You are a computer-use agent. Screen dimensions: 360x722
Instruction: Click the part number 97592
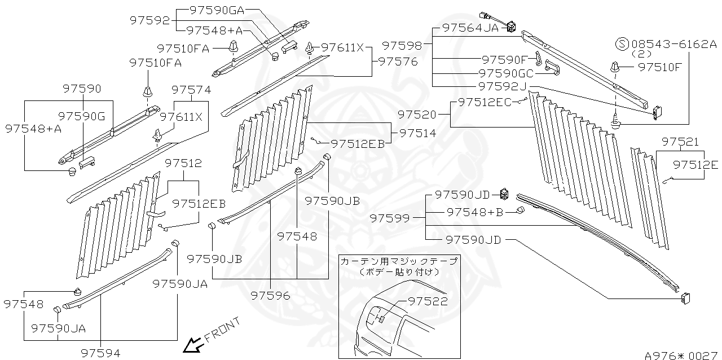(149, 20)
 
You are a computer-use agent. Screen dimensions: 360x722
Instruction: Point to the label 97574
(191, 90)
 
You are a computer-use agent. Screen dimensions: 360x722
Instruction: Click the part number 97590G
(82, 116)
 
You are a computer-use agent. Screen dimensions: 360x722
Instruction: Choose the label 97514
(417, 133)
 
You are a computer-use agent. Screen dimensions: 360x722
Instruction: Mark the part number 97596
(271, 295)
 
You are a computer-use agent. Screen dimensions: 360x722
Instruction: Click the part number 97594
(100, 353)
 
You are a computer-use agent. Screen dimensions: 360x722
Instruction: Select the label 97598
(402, 45)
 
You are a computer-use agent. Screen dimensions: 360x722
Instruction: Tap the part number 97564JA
(470, 27)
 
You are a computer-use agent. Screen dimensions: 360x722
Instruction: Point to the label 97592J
(501, 86)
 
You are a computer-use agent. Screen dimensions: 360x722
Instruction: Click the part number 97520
(417, 115)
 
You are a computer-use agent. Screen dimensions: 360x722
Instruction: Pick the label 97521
(680, 142)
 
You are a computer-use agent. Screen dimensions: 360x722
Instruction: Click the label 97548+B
(475, 212)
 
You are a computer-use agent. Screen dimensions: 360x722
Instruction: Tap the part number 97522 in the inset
(428, 302)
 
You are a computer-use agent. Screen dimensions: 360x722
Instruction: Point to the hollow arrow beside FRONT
(194, 344)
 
